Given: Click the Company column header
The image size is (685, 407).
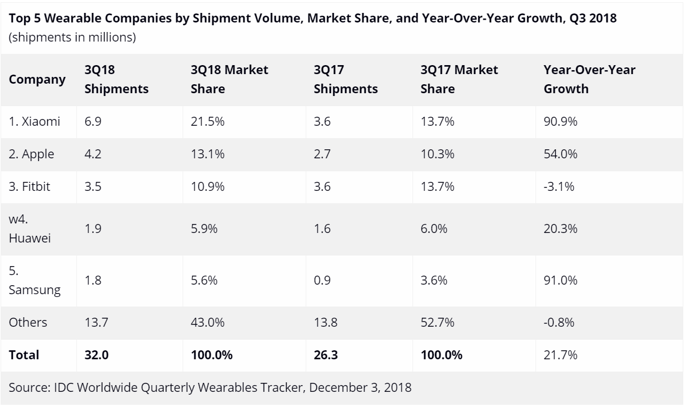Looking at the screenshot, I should [37, 79].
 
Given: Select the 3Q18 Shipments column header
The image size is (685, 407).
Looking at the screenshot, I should [116, 79].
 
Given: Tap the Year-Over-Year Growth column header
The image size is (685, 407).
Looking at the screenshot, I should [589, 79].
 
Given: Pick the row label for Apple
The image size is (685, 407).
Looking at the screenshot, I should [31, 154].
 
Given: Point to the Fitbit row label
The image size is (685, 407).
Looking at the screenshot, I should [30, 186].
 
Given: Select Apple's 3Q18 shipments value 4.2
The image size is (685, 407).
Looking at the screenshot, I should [93, 154].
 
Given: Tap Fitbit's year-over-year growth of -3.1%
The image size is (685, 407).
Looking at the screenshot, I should [559, 186].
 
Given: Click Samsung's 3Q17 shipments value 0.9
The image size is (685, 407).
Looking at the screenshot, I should [322, 281].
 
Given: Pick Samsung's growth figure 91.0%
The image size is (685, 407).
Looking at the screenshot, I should [561, 281].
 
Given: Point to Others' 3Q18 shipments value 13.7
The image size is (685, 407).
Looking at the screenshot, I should [96, 322].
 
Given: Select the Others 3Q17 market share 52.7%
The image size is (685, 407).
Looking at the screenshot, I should [437, 322].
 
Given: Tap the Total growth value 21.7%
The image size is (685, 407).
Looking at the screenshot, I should [560, 355].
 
